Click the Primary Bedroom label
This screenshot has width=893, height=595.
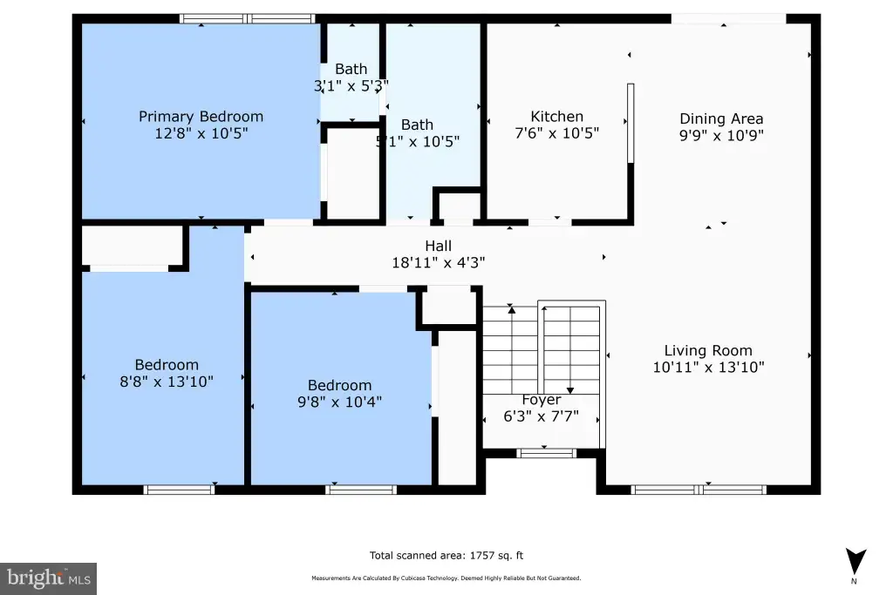click(201, 117)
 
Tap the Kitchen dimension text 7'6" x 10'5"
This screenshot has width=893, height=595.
click(557, 133)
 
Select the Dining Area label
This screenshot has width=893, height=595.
click(721, 118)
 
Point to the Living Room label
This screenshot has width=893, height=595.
click(708, 350)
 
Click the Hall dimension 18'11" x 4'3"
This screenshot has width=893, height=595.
click(438, 262)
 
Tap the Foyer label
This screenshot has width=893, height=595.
click(541, 400)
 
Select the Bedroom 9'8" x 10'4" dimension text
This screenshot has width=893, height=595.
click(339, 402)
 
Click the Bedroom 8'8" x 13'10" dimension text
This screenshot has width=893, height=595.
click(167, 381)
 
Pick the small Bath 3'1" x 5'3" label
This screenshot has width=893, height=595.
click(351, 69)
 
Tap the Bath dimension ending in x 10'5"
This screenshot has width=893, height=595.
click(418, 141)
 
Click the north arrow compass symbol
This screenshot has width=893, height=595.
click(856, 562)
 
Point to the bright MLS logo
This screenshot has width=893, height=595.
click(49, 578)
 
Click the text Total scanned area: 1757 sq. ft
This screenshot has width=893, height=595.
click(446, 556)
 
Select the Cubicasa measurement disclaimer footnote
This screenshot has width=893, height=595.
click(446, 578)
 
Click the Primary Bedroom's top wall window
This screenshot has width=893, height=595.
click(247, 19)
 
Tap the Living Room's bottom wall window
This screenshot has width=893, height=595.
click(699, 490)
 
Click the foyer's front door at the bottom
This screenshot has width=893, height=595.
click(546, 453)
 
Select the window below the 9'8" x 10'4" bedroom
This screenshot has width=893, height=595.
click(361, 490)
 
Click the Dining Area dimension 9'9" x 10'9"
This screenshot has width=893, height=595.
click(721, 135)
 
